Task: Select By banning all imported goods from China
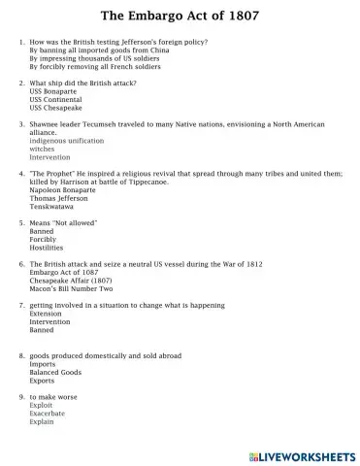point(100,50)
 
